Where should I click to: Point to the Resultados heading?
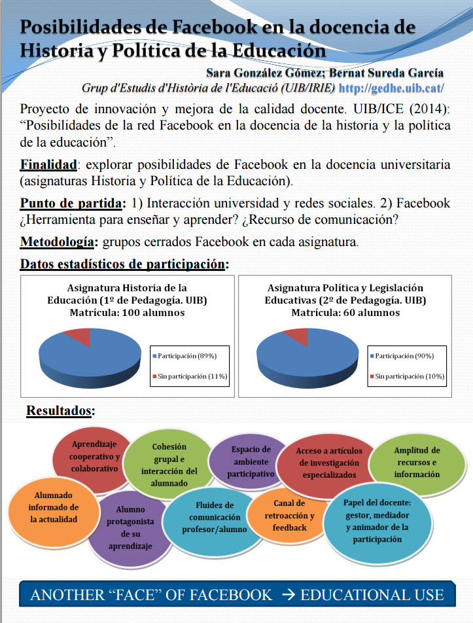pos(60,411)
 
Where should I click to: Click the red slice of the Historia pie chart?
pos(78,336)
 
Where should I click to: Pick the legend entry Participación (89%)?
pos(187,355)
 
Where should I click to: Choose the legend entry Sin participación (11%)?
pos(190,376)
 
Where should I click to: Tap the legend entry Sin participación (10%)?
pos(408,376)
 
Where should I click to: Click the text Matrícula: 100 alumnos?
pos(127,313)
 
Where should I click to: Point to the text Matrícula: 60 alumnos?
pos(345,313)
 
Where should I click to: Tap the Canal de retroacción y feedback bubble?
pos(289,514)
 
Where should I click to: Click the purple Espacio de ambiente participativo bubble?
pos(251,461)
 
